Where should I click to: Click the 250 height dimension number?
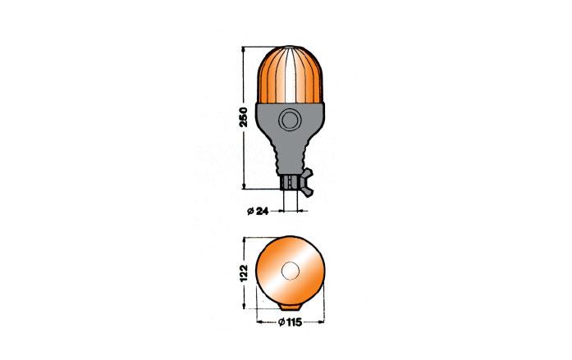tap(243, 117)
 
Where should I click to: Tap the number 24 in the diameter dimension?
tap(263, 211)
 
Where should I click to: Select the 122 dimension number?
tap(244, 273)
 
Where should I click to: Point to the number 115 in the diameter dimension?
tap(294, 322)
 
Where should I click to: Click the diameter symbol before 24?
tap(250, 212)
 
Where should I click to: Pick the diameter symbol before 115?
tap(281, 322)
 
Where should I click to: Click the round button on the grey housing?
tap(290, 120)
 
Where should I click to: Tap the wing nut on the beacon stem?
tap(307, 183)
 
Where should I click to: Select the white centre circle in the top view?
tap(291, 271)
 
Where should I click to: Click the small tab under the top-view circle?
tap(291, 308)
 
